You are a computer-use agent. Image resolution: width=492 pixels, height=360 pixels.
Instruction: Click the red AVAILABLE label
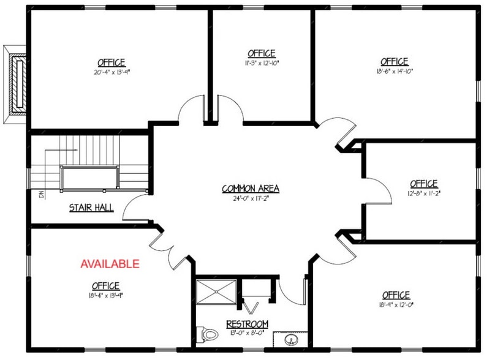pyautogui.click(x=110, y=264)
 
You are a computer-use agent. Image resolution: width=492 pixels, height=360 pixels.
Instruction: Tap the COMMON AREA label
pyautogui.click(x=246, y=188)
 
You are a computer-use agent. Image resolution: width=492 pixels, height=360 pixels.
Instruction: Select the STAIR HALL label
pyautogui.click(x=91, y=208)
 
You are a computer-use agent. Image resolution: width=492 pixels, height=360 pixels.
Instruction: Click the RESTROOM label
pyautogui.click(x=247, y=323)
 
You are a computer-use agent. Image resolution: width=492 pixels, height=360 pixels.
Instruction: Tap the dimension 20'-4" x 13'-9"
pyautogui.click(x=111, y=71)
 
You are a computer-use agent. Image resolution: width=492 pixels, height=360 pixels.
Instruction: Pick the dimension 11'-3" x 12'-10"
pyautogui.click(x=261, y=62)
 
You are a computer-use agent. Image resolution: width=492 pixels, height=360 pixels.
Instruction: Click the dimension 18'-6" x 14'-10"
pyautogui.click(x=394, y=70)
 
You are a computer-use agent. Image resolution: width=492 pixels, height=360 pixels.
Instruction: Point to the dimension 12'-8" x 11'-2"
pyautogui.click(x=423, y=192)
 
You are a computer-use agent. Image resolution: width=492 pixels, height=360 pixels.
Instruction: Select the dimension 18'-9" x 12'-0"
pyautogui.click(x=395, y=304)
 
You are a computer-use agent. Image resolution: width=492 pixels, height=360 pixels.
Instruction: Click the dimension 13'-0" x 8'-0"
pyautogui.click(x=247, y=332)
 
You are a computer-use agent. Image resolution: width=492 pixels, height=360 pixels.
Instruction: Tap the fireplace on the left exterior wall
pyautogui.click(x=17, y=82)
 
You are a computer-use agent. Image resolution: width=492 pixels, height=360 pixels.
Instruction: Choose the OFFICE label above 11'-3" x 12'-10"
pyautogui.click(x=261, y=53)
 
